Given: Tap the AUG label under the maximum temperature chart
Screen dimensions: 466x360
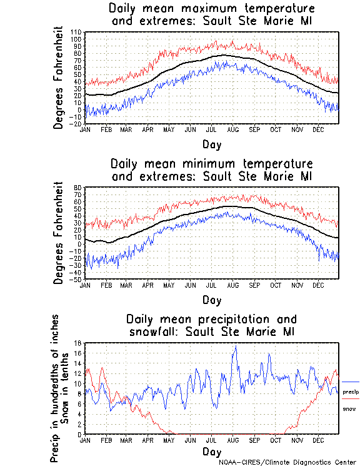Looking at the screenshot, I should pyautogui.click(x=233, y=129).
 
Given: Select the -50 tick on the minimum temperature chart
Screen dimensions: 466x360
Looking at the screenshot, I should pyautogui.click(x=77, y=279).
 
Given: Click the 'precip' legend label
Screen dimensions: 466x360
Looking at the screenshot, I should pyautogui.click(x=351, y=391).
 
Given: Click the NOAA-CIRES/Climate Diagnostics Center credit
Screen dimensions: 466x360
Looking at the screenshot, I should pyautogui.click(x=288, y=462).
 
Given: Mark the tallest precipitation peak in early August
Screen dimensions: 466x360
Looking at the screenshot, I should pyautogui.click(x=236, y=347).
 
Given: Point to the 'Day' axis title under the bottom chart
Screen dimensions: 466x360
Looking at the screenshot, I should pyautogui.click(x=211, y=452).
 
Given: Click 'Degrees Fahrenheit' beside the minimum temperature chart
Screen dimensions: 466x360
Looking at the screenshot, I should pyautogui.click(x=59, y=233).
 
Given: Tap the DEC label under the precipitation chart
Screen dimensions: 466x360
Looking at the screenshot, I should pyautogui.click(x=319, y=440).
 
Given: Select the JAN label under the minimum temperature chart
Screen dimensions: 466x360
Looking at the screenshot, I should pyautogui.click(x=86, y=285).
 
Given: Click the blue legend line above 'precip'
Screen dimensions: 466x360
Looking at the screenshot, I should pyautogui.click(x=351, y=382).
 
